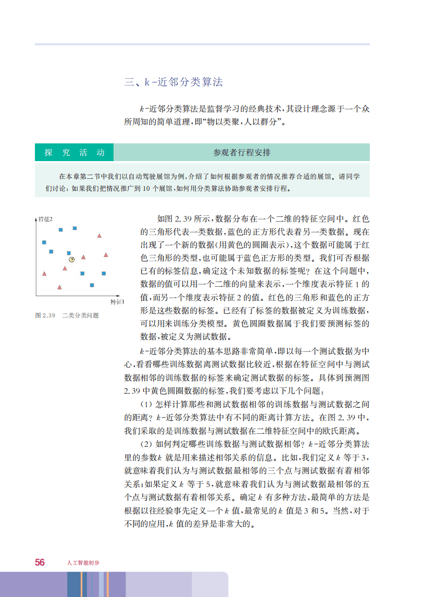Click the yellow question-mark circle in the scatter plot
tap(71, 259)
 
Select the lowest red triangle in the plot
tap(59, 287)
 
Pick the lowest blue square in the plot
tap(92, 285)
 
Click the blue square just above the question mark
tap(69, 253)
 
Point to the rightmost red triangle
tap(106, 255)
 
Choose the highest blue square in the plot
tap(74, 228)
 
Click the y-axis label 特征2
tap(46, 219)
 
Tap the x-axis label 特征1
tap(117, 302)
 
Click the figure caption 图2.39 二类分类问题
tap(67, 315)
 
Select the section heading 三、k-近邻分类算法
tap(173, 82)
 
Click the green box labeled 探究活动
tap(74, 153)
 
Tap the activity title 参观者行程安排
tap(242, 153)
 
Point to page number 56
tap(40, 562)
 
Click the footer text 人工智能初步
tap(83, 563)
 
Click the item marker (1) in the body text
tap(146, 403)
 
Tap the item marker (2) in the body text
tap(146, 444)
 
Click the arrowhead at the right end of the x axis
tap(122, 296)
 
